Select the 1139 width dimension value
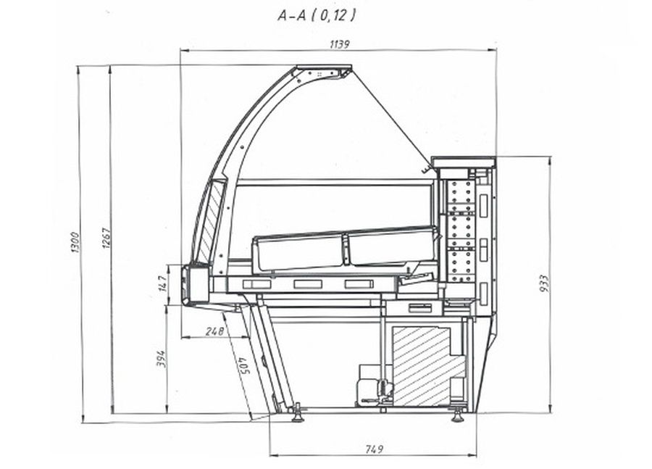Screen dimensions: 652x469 (x=340, y=44)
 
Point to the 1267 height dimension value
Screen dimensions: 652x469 (x=106, y=238)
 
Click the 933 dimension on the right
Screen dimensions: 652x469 (x=543, y=283)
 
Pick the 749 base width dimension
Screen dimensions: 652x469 (x=375, y=449)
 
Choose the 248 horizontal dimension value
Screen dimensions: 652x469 (x=214, y=331)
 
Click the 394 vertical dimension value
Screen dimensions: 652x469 (x=161, y=359)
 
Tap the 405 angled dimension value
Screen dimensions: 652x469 (x=243, y=365)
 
